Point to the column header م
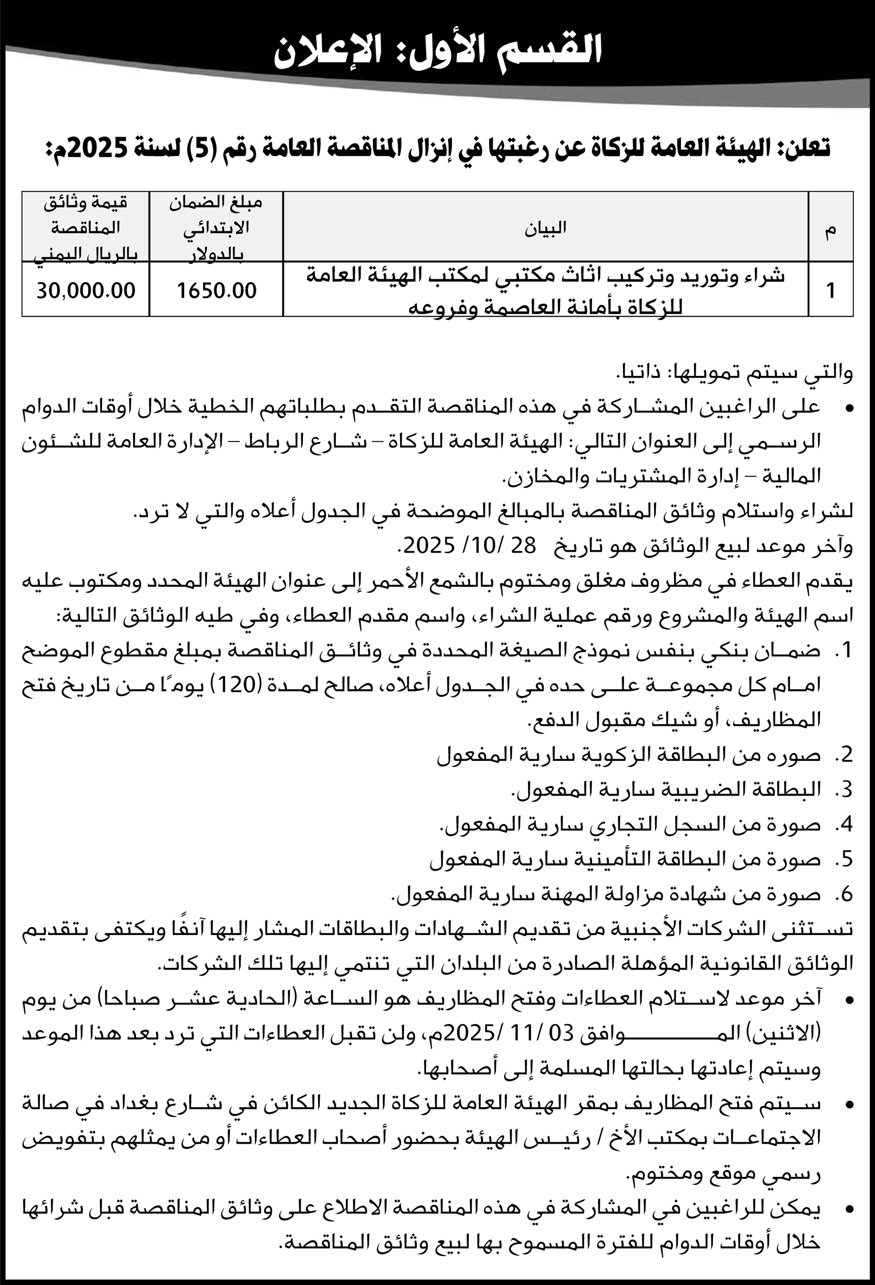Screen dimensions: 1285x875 pos(830,231)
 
